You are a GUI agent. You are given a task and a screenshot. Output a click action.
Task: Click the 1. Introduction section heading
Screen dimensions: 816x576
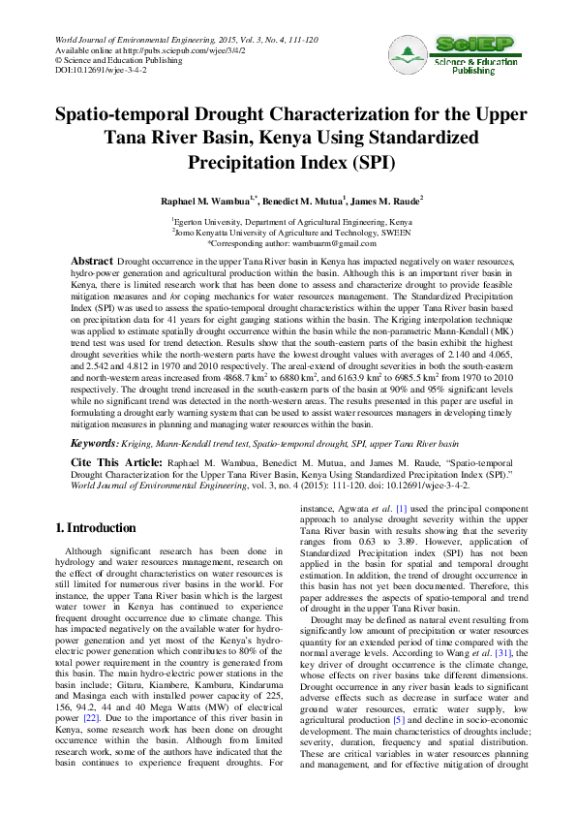(x=95, y=528)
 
